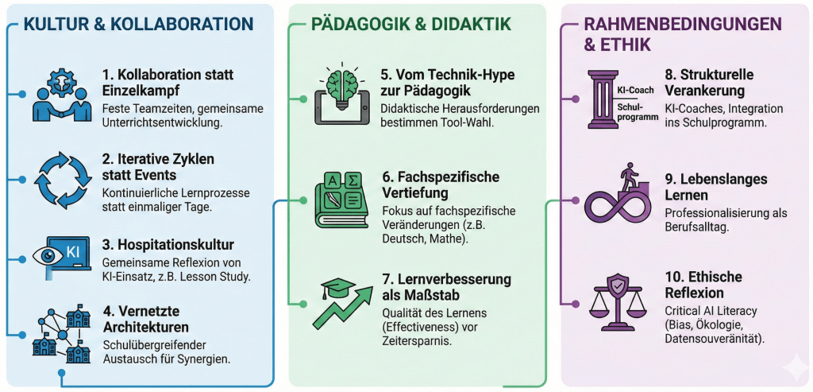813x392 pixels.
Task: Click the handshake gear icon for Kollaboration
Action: pos(61,94)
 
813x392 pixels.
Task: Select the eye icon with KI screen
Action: pos(61,258)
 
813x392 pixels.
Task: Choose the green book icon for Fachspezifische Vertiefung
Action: pos(343,200)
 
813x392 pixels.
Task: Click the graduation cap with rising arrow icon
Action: pos(343,303)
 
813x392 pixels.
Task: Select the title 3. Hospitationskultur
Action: pos(168,244)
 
